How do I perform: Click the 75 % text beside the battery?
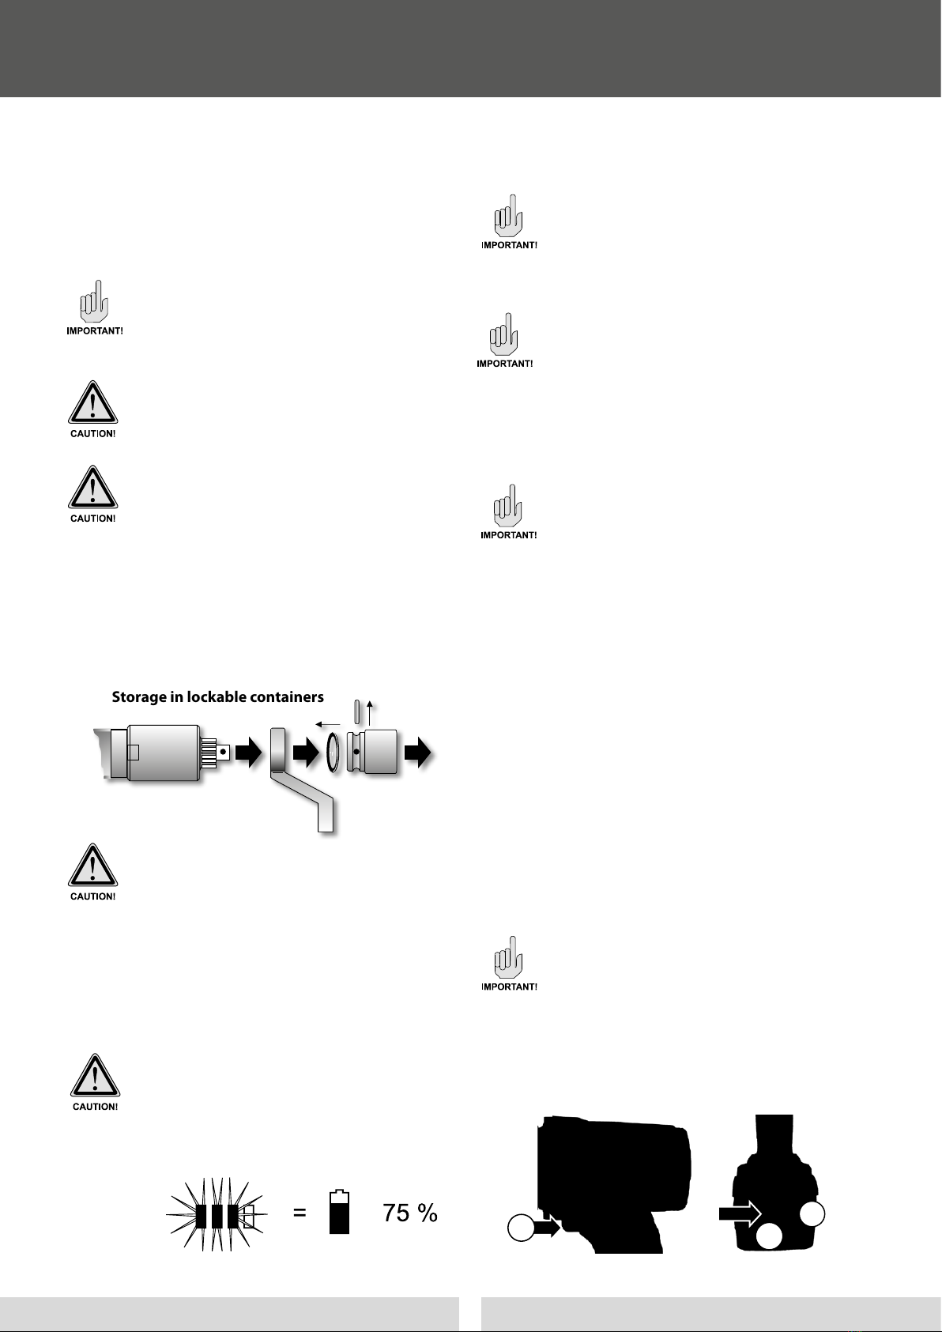[410, 1213]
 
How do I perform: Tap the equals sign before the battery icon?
[300, 1213]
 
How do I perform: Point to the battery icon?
[339, 1211]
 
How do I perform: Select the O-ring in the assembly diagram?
[333, 753]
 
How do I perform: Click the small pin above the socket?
[356, 712]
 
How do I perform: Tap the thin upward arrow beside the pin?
[370, 713]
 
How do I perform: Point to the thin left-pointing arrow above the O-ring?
[327, 725]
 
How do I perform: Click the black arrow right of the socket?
[418, 753]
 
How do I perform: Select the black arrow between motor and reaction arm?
[248, 753]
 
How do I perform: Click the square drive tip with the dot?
[223, 753]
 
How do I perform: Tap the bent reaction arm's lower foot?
[326, 815]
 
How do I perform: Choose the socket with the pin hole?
[373, 753]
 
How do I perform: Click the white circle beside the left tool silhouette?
[521, 1228]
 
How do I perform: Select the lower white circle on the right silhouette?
[769, 1237]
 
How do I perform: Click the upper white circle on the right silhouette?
[812, 1213]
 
